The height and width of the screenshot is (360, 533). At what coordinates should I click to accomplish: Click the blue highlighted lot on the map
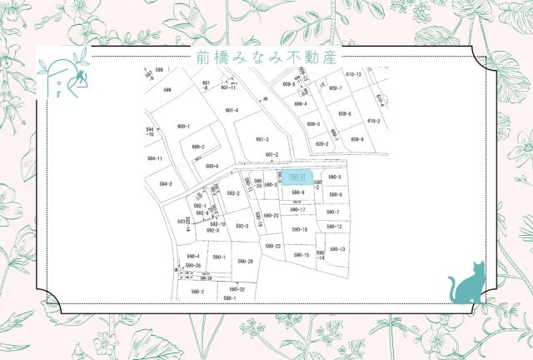[x=298, y=177]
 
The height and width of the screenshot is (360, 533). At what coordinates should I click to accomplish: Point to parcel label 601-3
[x=262, y=139]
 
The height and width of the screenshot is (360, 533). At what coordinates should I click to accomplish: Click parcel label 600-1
[x=183, y=126]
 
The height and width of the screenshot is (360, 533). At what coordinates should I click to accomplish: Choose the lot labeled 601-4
[x=232, y=110]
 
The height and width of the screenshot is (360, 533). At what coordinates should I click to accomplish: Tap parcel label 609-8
[x=345, y=113]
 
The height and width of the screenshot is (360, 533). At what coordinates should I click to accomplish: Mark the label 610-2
[x=374, y=121]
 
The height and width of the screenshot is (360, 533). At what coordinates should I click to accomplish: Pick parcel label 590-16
[x=300, y=229]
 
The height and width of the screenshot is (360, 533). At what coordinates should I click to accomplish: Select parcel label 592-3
[x=242, y=226]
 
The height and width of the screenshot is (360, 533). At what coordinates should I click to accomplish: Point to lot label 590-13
[x=337, y=249]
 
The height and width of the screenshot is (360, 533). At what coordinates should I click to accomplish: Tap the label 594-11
[x=154, y=157]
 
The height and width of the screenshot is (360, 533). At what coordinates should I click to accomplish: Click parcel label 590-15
[x=301, y=255]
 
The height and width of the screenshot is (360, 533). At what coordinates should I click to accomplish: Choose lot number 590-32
[x=237, y=288]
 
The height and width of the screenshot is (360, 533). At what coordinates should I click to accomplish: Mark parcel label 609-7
[x=335, y=87]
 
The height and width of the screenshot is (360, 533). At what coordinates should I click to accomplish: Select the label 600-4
[x=212, y=166]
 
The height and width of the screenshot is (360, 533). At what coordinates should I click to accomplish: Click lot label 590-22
[x=272, y=246]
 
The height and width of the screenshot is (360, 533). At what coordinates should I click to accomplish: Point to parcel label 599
[x=167, y=90]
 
